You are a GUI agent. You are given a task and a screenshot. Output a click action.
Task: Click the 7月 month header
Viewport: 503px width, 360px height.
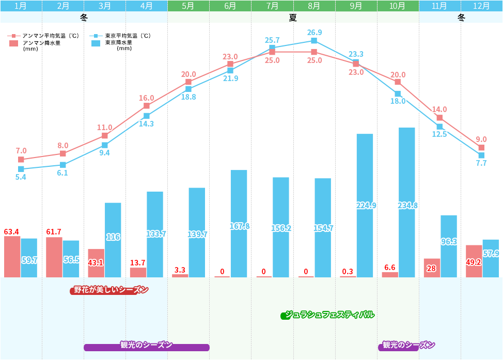pos(272,6)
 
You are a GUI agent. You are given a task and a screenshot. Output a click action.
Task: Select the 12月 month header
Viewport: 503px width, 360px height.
pos(481,6)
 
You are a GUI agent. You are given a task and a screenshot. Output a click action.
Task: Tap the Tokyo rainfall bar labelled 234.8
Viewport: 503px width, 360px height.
pos(406,202)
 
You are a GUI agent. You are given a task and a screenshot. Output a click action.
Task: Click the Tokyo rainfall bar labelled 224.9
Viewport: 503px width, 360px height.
pos(365,206)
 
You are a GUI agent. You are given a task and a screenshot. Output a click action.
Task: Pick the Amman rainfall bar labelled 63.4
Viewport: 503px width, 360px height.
pos(12,257)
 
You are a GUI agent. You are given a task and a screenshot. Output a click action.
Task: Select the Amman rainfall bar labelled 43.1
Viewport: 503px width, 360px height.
pos(96,263)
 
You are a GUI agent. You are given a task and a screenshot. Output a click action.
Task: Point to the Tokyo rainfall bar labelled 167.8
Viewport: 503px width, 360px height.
pos(239,224)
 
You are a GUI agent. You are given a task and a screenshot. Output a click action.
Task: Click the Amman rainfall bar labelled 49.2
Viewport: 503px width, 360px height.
pos(474,261)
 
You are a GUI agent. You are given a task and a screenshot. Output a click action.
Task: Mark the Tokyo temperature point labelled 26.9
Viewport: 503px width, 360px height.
pos(314,41)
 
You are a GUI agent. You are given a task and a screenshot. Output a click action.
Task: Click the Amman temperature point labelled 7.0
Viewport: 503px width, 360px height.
pos(21,160)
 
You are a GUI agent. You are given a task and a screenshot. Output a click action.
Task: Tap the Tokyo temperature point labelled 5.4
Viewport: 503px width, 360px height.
pos(21,169)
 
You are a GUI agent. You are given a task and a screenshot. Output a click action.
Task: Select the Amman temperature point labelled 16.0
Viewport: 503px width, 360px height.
pos(147,106)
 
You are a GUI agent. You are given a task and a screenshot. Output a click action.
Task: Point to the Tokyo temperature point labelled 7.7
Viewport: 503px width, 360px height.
pos(481,155)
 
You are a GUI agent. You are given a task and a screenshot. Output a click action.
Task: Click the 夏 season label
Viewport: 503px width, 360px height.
pos(293,18)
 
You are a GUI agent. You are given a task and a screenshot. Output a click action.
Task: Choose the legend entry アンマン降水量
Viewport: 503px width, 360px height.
pos(42,43)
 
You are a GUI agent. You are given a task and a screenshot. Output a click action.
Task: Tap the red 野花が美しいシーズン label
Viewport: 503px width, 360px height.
pos(109,290)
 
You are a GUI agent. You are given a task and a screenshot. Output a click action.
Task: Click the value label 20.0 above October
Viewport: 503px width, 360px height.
pos(398,75)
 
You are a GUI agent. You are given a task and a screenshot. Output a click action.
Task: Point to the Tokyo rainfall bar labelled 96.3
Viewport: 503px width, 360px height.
pos(448,246)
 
